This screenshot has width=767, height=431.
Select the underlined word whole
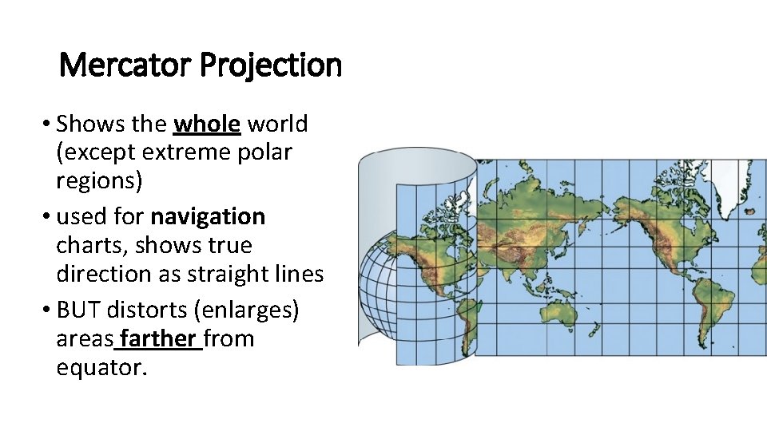(208, 125)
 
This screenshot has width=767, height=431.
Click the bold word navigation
(208, 216)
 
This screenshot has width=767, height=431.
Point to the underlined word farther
(158, 338)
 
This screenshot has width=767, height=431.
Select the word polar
(265, 152)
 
